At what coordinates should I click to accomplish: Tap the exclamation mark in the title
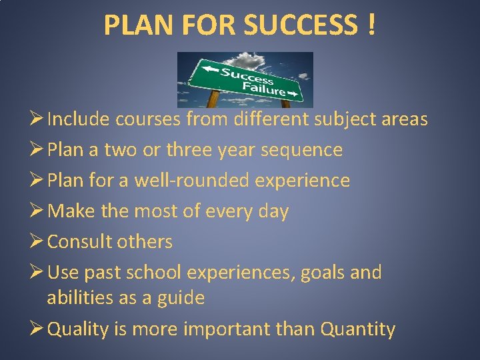click(x=370, y=26)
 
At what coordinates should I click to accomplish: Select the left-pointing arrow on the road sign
click(x=210, y=67)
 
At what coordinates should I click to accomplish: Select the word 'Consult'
click(x=78, y=241)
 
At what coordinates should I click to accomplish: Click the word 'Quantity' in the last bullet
click(x=358, y=329)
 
